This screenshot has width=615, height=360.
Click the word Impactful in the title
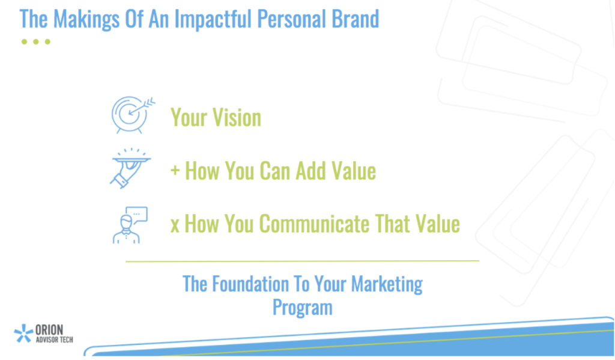(x=212, y=19)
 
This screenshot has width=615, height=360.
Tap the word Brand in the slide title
(x=356, y=19)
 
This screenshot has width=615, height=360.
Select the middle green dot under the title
(x=36, y=41)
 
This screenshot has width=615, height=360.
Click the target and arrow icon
(x=133, y=115)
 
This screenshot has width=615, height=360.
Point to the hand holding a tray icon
(x=130, y=168)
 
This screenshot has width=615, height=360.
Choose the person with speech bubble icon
(x=130, y=225)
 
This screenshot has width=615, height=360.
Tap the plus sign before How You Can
(x=175, y=171)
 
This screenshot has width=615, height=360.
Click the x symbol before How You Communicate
(x=175, y=225)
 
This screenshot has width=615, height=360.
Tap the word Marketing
(x=387, y=285)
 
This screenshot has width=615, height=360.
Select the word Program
(x=303, y=307)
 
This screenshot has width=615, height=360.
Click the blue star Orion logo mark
(x=23, y=334)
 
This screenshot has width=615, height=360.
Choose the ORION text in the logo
(x=49, y=330)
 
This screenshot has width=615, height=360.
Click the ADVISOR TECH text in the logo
(x=54, y=340)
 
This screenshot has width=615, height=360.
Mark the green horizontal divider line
(x=303, y=261)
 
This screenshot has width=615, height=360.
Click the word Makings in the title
(x=86, y=19)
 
